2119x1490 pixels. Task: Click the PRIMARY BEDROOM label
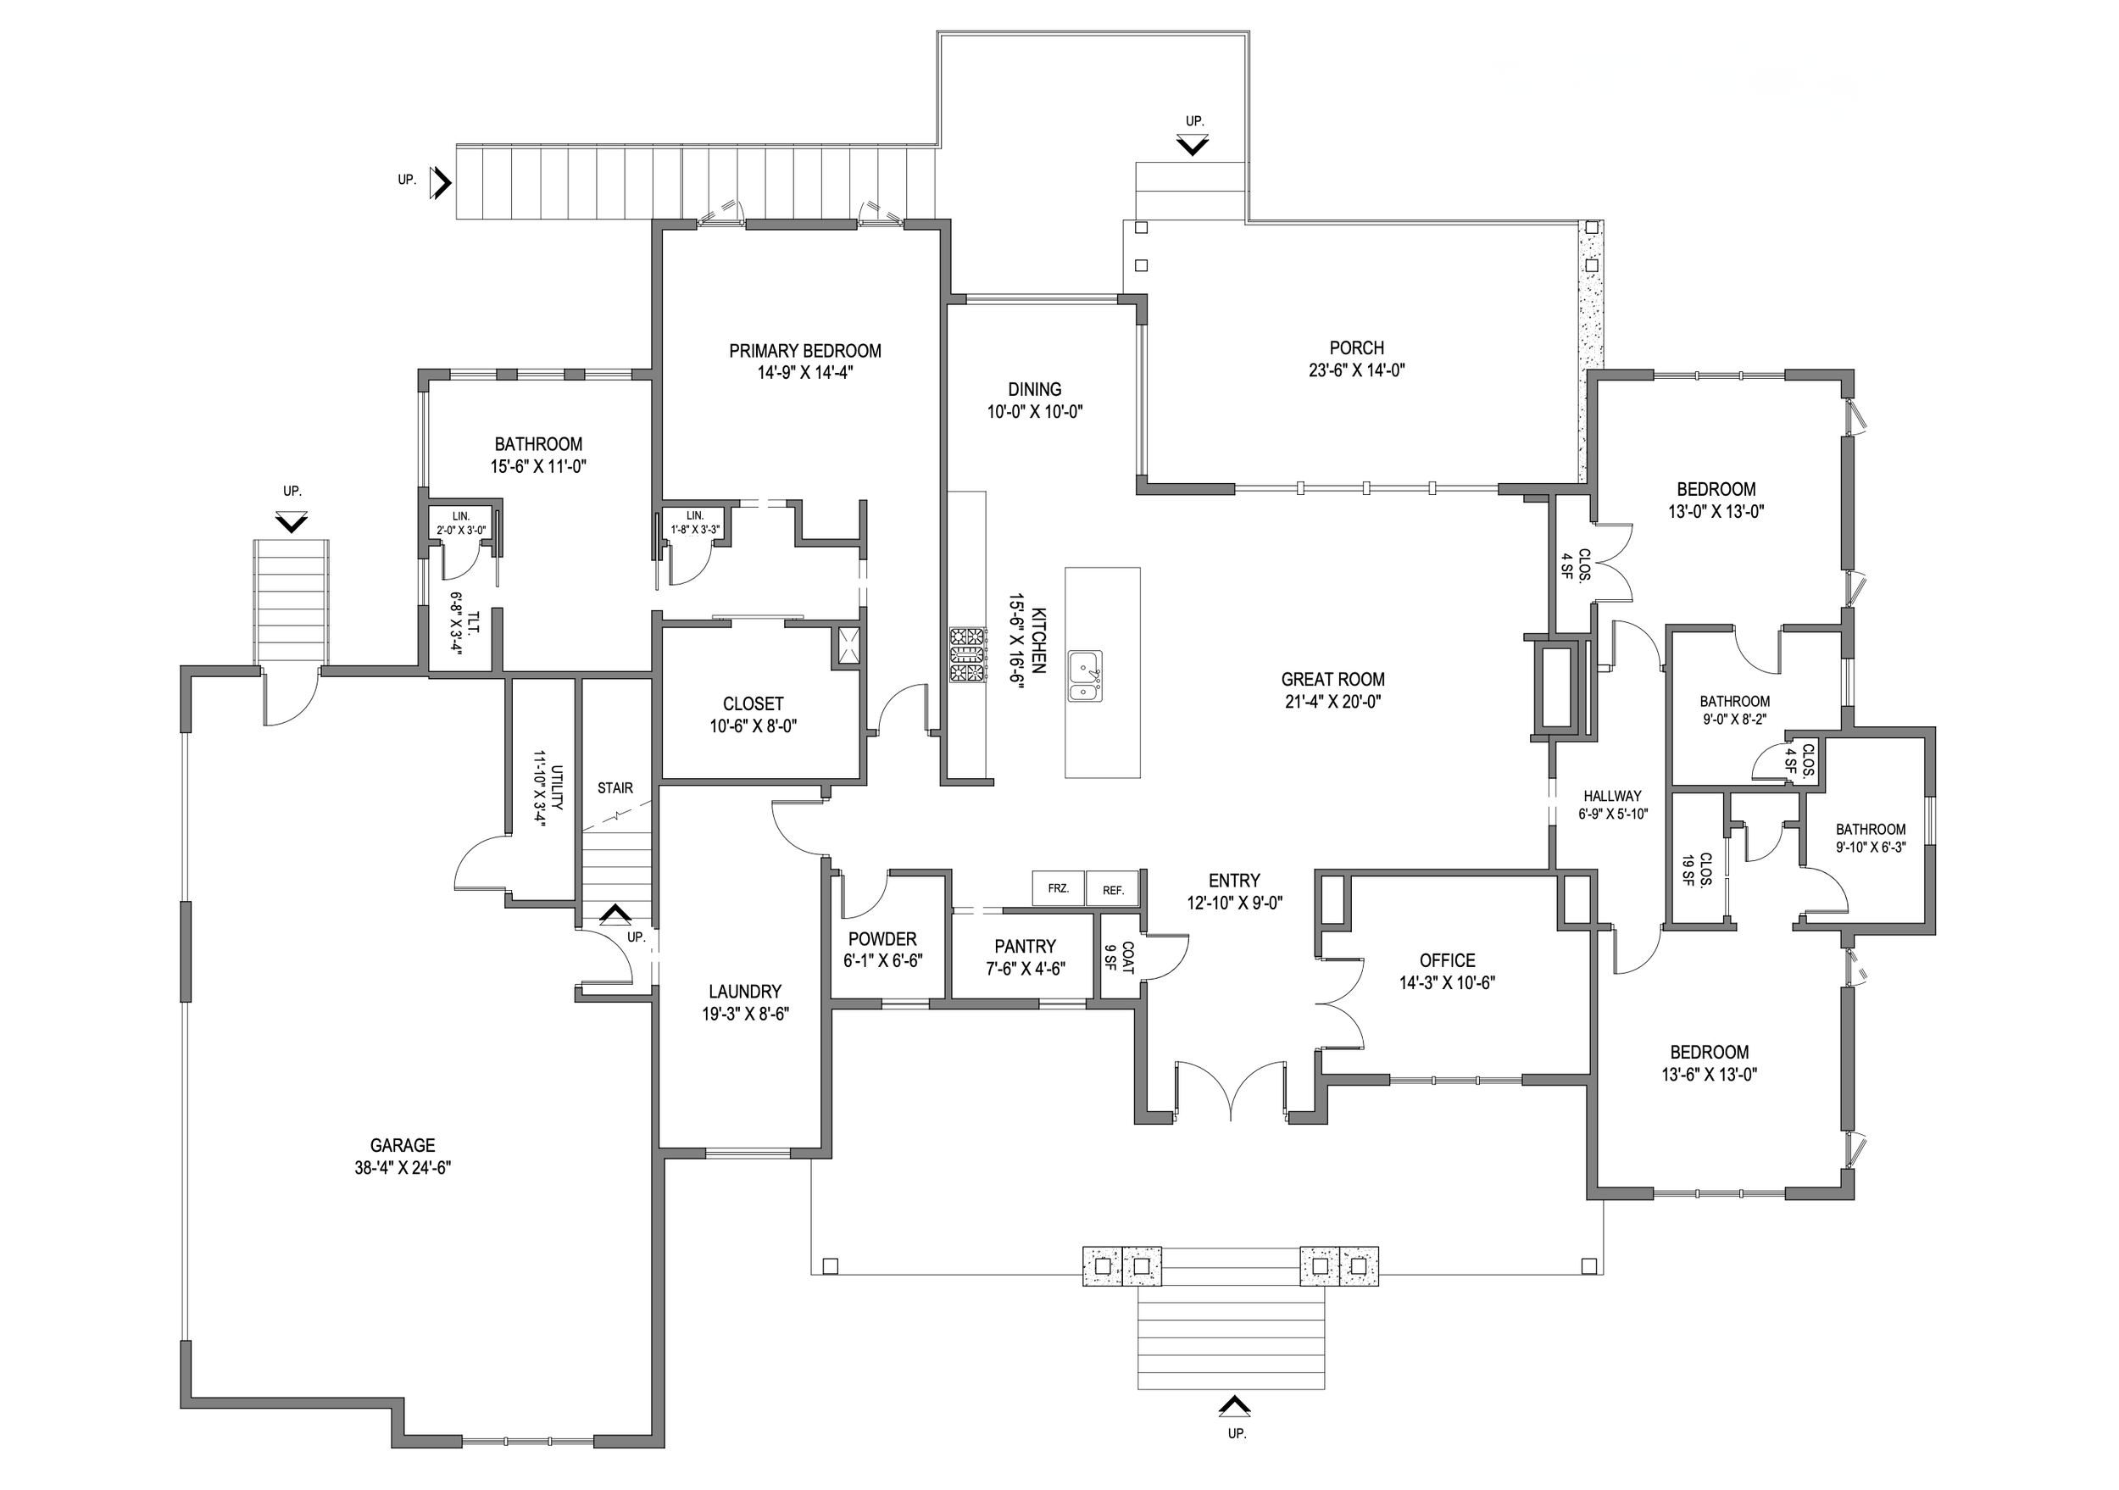coord(804,352)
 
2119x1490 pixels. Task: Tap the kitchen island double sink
coord(1084,676)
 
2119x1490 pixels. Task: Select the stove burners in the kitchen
coord(967,654)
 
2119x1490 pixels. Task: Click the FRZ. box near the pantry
coord(1058,888)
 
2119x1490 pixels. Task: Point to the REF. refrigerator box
coord(1112,890)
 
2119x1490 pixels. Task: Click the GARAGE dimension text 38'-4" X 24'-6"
coord(403,1167)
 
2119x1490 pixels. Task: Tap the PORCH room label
coord(1356,348)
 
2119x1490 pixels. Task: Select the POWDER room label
coord(882,939)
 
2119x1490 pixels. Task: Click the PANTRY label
coord(1025,947)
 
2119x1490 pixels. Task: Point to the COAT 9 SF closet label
coord(1119,958)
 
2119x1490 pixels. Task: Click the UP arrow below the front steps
coord(1235,1405)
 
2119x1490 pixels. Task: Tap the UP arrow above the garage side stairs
coord(292,522)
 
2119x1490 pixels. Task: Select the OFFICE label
coord(1447,960)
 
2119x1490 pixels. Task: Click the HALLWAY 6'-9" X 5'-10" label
coord(1612,804)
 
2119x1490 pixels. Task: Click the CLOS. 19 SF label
coord(1696,869)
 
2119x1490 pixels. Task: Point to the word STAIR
coord(615,788)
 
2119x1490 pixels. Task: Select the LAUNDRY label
coord(745,992)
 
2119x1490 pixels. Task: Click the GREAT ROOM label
coord(1332,680)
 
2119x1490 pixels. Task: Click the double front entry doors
coord(1232,1093)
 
